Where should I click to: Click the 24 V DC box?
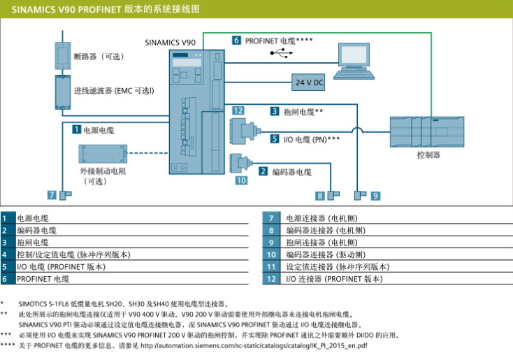[x=308, y=82]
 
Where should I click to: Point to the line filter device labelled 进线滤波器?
[x=63, y=90]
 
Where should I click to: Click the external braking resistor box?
[x=102, y=154]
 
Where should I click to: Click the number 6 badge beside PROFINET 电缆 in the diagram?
[x=237, y=41]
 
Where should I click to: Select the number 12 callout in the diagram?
[x=238, y=110]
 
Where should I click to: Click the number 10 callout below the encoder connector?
[x=241, y=180]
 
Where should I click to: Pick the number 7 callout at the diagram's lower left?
[x=52, y=195]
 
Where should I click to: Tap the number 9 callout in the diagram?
[x=375, y=196]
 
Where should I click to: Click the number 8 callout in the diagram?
[x=320, y=196]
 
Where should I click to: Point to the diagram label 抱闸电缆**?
[x=303, y=111]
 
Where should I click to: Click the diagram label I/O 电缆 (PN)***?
[x=312, y=139]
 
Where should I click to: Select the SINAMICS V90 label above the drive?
[x=170, y=42]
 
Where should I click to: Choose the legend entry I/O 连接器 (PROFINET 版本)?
[x=333, y=278]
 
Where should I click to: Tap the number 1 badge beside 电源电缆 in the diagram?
[x=75, y=130]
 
